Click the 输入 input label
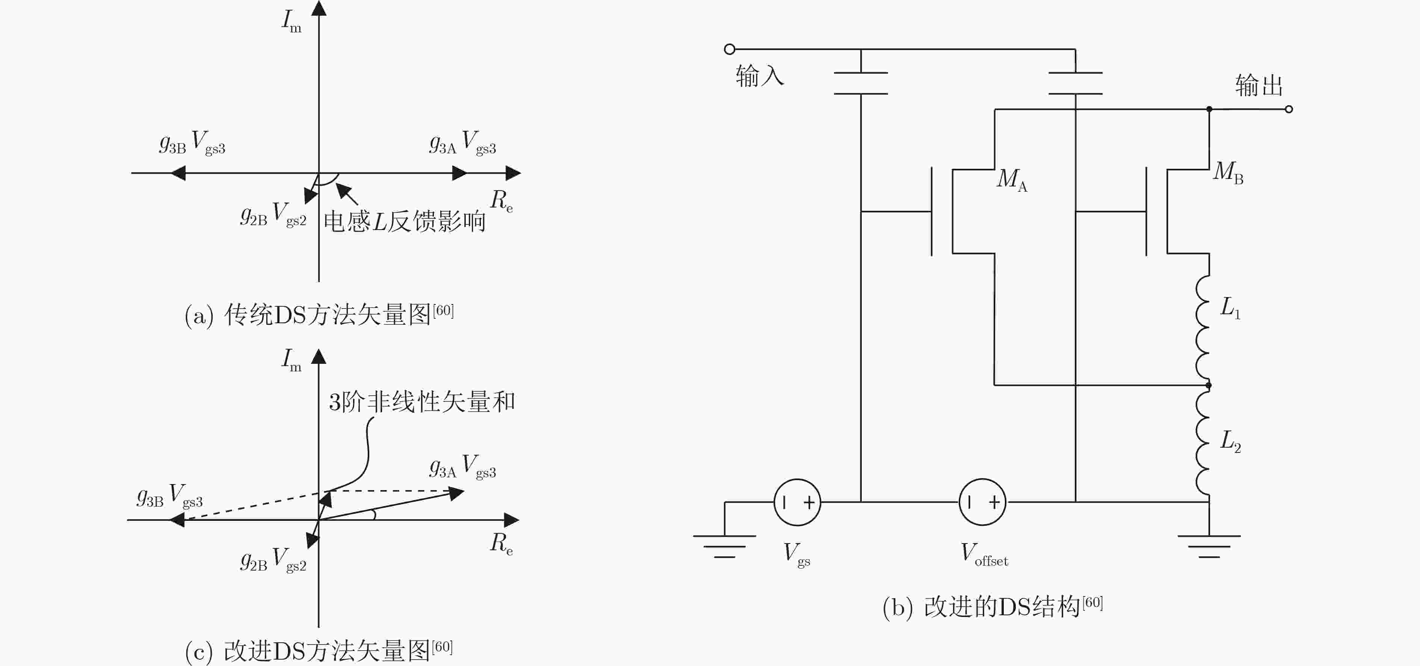click(x=759, y=76)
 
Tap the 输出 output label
click(x=1259, y=85)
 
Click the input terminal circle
click(x=729, y=49)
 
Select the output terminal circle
click(x=1289, y=109)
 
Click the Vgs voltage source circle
click(x=797, y=502)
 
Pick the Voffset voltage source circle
click(x=982, y=502)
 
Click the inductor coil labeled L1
click(x=1203, y=330)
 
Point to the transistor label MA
click(x=1012, y=179)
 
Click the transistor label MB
click(x=1228, y=172)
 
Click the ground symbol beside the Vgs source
click(x=724, y=546)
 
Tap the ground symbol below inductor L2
click(x=1209, y=546)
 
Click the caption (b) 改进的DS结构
click(x=992, y=607)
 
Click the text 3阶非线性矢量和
click(x=422, y=402)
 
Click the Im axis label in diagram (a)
click(x=292, y=21)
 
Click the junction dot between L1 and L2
click(x=1209, y=385)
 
